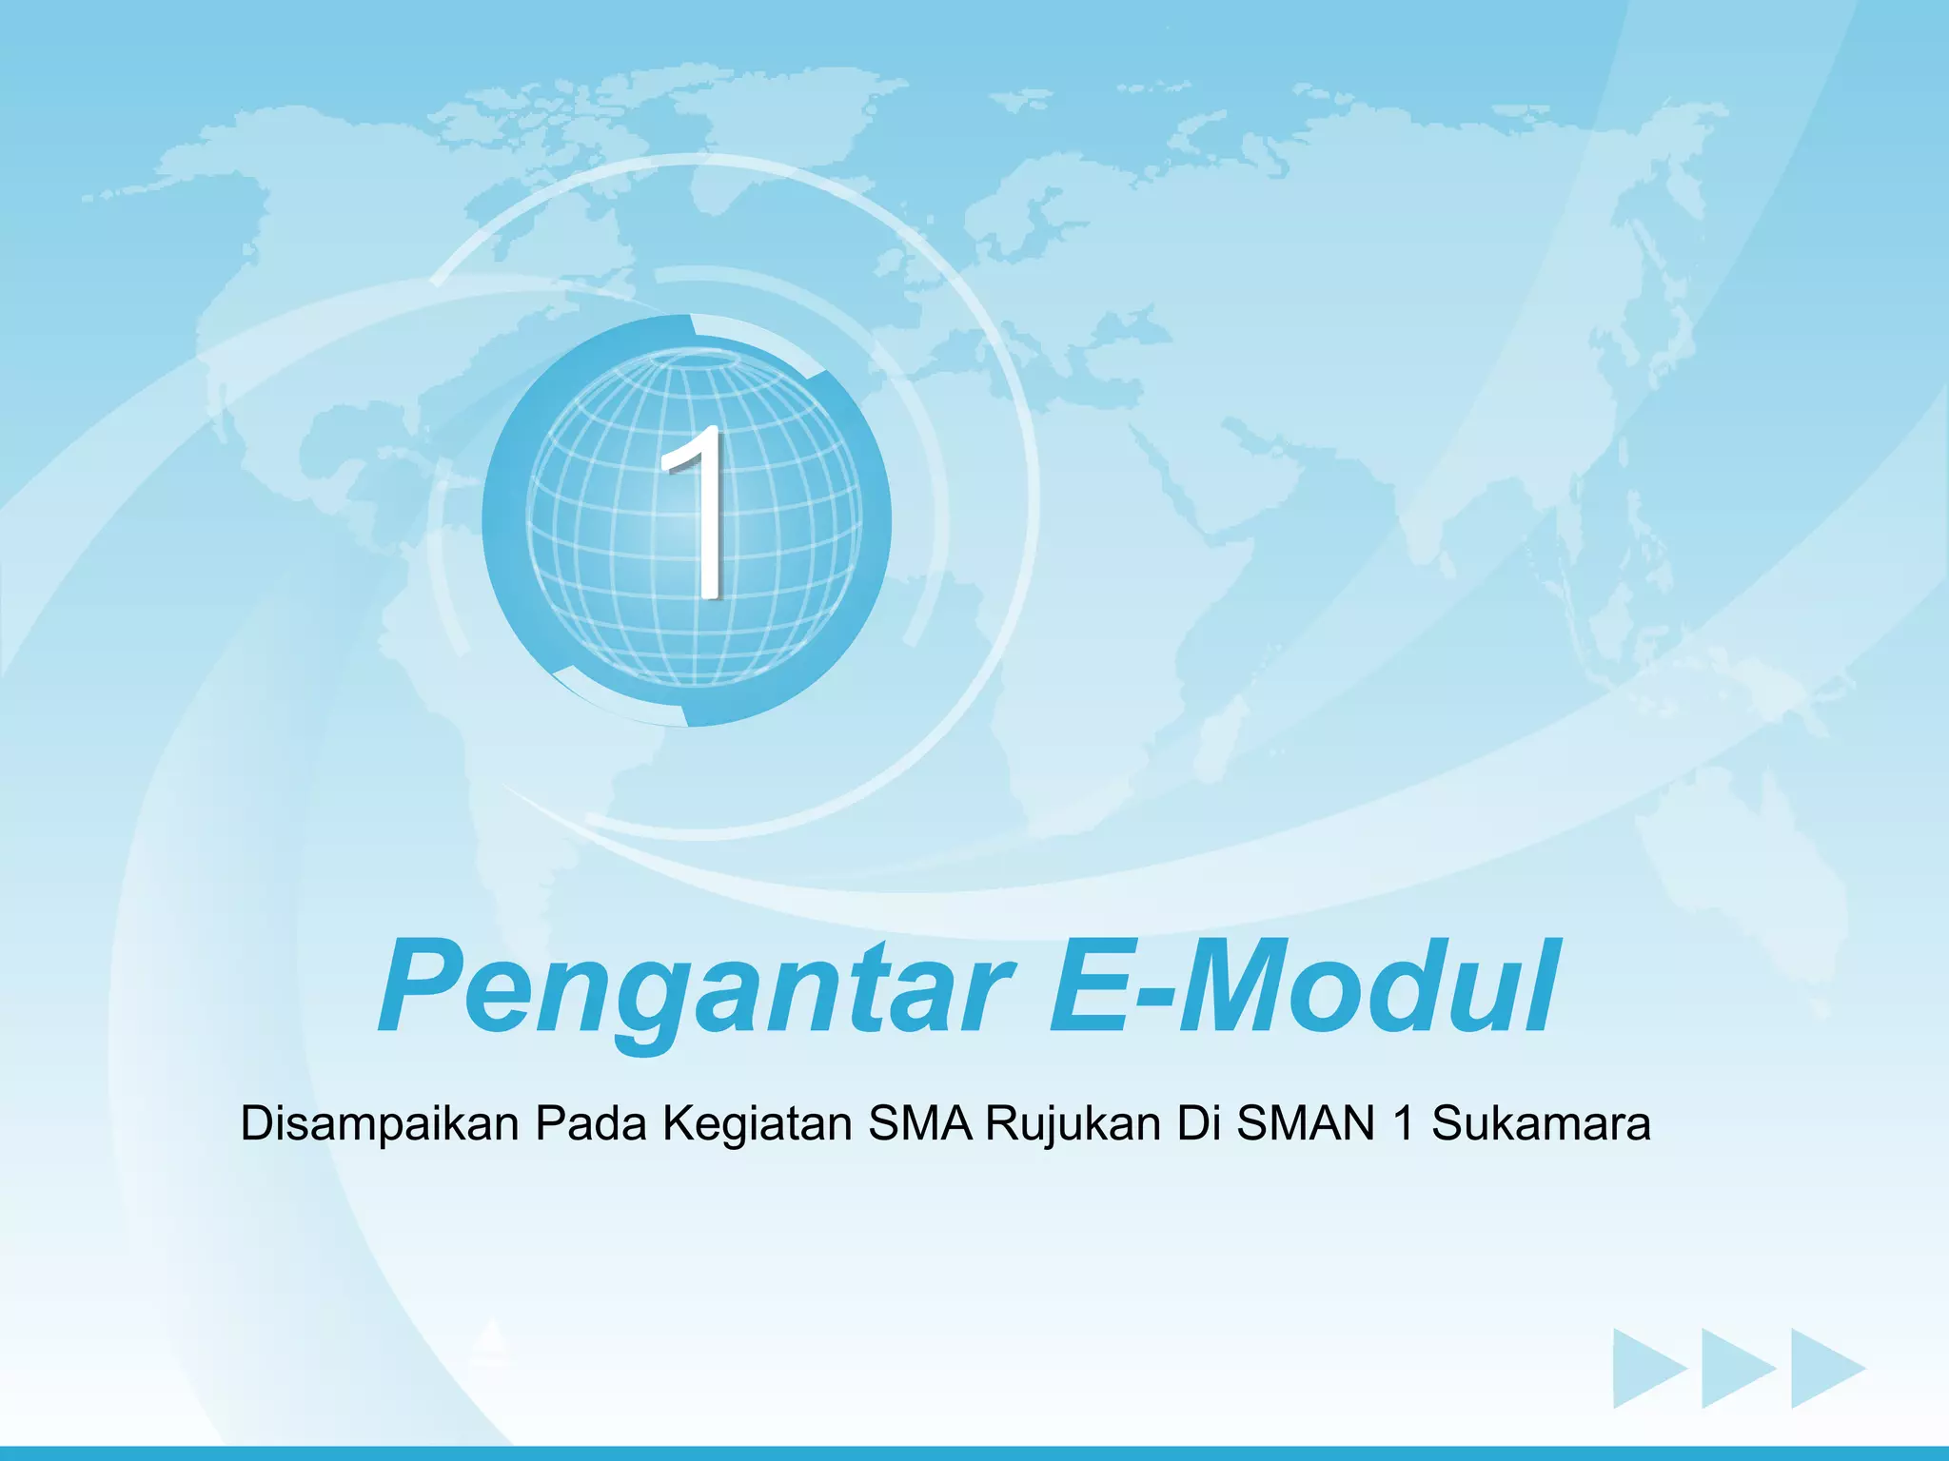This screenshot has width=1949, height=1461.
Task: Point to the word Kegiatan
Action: (x=757, y=1124)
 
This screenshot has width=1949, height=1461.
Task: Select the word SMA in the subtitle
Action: (x=919, y=1124)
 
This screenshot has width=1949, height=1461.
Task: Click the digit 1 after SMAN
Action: (x=1403, y=1124)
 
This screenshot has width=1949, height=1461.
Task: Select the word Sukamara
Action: (x=1541, y=1124)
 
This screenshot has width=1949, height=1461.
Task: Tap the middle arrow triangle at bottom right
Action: (x=1734, y=1369)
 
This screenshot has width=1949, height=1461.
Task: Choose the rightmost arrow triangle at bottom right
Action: (x=1822, y=1369)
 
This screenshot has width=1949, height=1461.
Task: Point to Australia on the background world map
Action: (x=1742, y=856)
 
